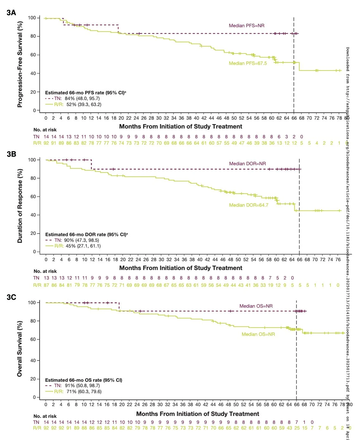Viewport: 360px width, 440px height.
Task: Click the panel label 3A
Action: tap(11, 13)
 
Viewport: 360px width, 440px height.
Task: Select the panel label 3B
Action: tap(11, 154)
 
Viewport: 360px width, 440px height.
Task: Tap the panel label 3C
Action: tap(11, 297)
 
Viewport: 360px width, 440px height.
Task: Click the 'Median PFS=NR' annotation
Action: tap(247, 26)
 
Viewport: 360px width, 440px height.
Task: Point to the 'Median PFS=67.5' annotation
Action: tap(248, 63)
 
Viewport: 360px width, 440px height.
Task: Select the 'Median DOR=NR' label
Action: tap(248, 164)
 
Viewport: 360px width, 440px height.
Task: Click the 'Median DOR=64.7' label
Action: tap(248, 205)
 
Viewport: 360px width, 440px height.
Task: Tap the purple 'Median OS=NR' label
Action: tap(256, 306)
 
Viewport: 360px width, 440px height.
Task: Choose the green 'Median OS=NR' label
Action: tap(258, 334)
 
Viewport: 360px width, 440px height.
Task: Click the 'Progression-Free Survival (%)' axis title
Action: tap(20, 64)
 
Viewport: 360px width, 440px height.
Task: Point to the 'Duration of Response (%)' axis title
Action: tap(20, 206)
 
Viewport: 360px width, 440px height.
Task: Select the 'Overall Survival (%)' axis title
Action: tap(20, 349)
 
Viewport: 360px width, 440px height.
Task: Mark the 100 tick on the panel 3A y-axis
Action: tap(32, 18)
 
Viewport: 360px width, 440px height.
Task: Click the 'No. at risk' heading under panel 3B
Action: tap(45, 271)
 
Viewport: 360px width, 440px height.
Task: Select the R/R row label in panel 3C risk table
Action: tap(37, 428)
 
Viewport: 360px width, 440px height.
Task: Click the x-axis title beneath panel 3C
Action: tap(197, 414)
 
